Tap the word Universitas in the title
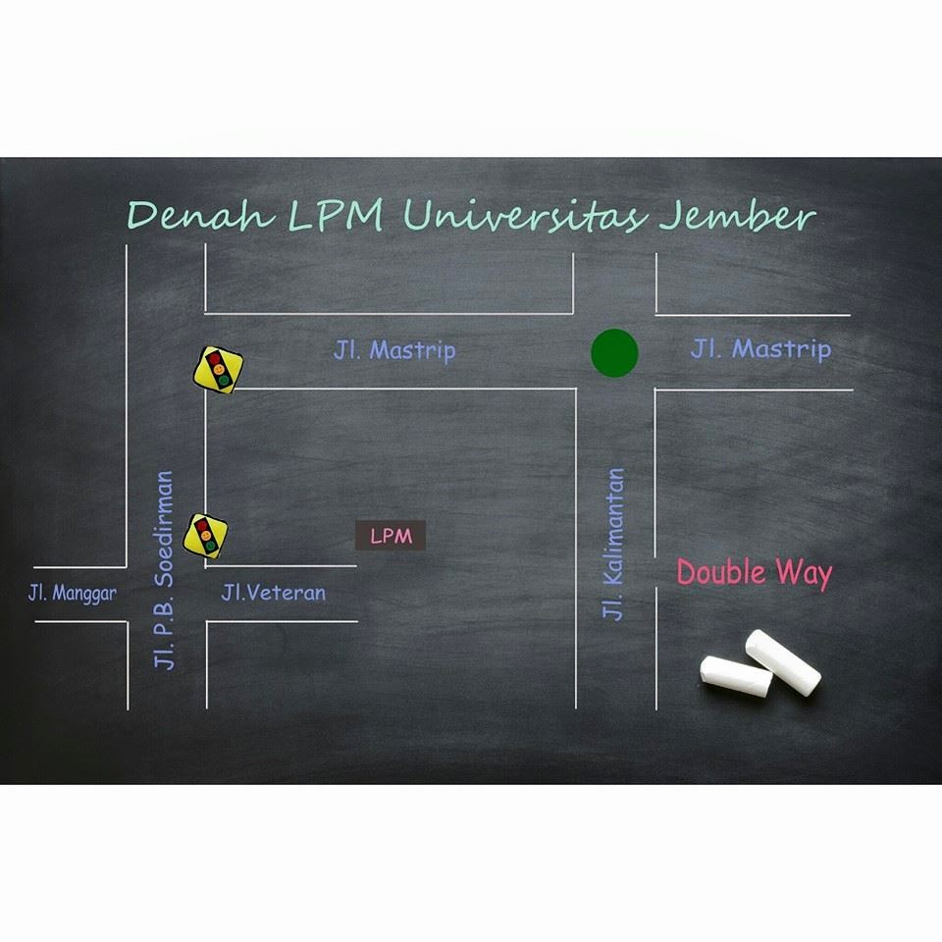pos(525,216)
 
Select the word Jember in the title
pos(736,216)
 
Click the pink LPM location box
pos(391,536)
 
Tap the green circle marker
pos(614,353)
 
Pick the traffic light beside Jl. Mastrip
pos(218,370)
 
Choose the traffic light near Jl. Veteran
pos(207,535)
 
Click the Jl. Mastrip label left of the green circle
pos(394,350)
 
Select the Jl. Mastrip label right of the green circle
pos(760,348)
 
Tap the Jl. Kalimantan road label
pos(613,544)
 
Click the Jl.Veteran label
pos(273,593)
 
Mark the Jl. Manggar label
pos(72,594)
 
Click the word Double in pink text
pos(719,573)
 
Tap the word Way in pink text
pos(805,574)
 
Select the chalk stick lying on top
pos(783,662)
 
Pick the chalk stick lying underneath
pos(735,677)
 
